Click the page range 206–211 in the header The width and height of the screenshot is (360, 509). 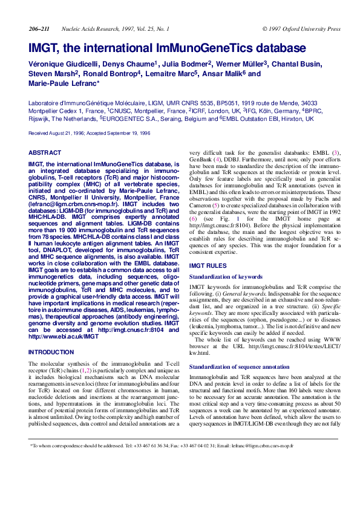pos(39,29)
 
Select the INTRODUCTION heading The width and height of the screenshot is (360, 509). pos(51,352)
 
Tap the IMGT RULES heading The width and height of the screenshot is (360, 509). pos(208,266)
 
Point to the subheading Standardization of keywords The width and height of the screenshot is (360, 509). pos(226,276)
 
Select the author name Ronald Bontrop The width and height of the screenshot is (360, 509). pos(111,74)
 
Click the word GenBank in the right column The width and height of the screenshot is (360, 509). pos(202,163)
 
